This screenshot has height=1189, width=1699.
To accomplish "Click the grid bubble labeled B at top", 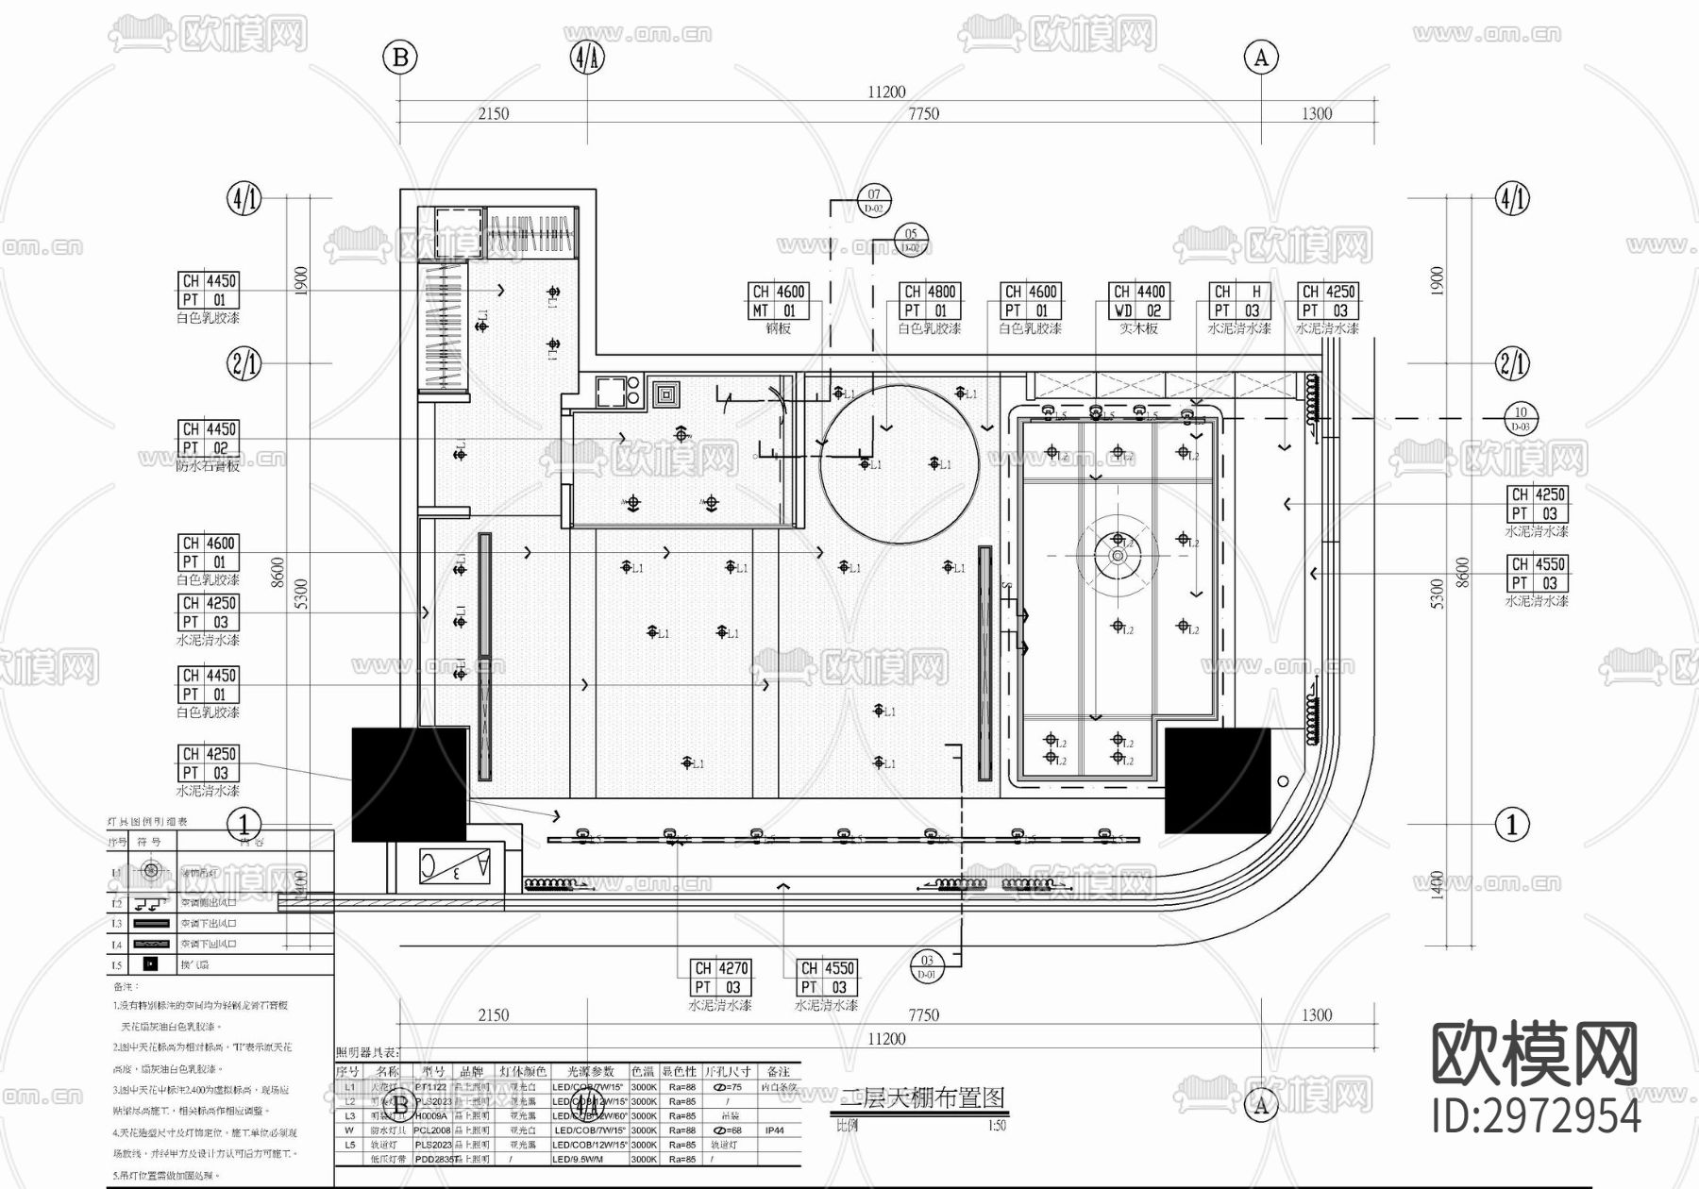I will (399, 58).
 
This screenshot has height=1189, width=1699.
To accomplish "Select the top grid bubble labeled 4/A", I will (586, 58).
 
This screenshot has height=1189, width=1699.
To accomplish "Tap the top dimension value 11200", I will (885, 92).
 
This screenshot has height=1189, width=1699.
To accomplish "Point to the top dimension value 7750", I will (923, 113).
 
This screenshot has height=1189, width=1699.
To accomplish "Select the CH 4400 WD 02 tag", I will (1139, 301).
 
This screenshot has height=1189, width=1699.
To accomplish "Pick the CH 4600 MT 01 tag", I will (778, 301).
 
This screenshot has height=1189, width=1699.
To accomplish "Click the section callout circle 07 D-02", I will (874, 200).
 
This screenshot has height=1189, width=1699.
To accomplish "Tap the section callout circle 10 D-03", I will (1521, 418).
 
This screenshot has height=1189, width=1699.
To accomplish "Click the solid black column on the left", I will (409, 783).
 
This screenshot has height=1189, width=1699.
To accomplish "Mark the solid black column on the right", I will (1217, 779).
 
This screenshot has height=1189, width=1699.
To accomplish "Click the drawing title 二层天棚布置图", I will (923, 1097).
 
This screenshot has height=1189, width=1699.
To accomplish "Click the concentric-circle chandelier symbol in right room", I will (1119, 556).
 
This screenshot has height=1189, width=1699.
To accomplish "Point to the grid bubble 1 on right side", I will (1512, 824).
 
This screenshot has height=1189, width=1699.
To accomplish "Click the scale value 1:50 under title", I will (997, 1125).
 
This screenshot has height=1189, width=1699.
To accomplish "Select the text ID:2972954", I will (1536, 1116).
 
